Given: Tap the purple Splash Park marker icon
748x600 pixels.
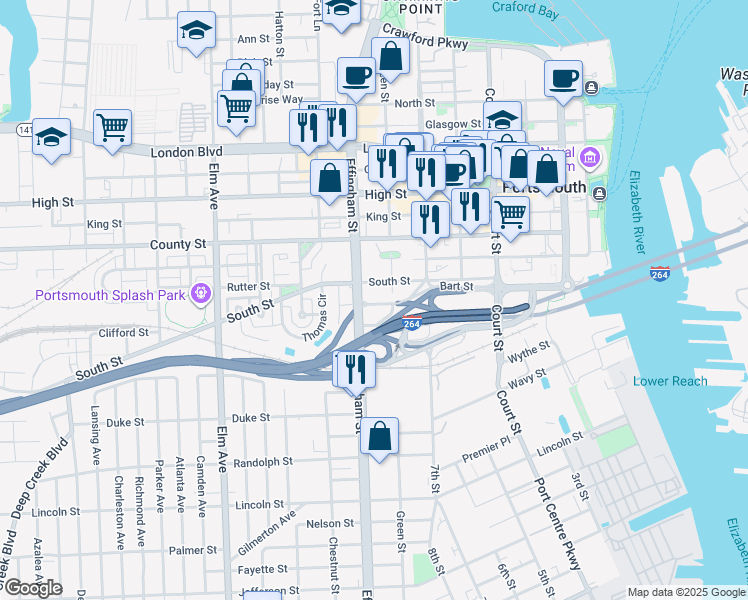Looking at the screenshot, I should point(202,294).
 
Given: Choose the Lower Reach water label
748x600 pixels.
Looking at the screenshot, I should point(670,381).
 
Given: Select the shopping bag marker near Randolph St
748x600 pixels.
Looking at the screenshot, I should point(379,436).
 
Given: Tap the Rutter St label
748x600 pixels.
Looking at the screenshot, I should point(249,287).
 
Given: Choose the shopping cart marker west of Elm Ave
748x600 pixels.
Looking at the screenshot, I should point(112,126).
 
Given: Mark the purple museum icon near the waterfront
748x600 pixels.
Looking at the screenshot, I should point(590,158).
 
